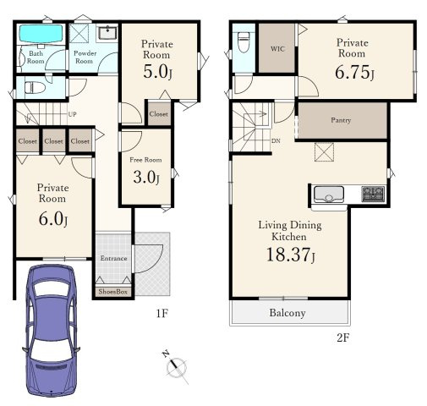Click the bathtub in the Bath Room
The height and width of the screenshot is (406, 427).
pyautogui.click(x=41, y=34)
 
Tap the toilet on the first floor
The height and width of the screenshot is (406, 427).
pyautogui.click(x=35, y=88)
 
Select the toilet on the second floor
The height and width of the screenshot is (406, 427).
pyautogui.click(x=244, y=42)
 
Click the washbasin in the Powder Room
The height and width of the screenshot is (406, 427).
pyautogui.click(x=107, y=33)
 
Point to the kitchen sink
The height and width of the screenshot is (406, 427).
pyautogui.click(x=329, y=195)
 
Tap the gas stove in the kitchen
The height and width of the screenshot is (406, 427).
pyautogui.click(x=374, y=194)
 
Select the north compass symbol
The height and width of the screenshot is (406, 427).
pyautogui.click(x=175, y=366)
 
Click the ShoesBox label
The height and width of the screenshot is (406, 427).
pyautogui.click(x=113, y=292)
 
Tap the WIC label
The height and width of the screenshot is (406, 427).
pyautogui.click(x=277, y=49)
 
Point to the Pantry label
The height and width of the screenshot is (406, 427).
pyautogui.click(x=341, y=120)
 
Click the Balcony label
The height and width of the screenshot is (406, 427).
pyautogui.click(x=287, y=313)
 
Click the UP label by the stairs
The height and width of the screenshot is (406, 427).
pyautogui.click(x=72, y=114)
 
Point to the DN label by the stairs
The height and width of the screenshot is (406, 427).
pyautogui.click(x=276, y=140)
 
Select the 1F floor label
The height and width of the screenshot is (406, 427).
pyautogui.click(x=162, y=313)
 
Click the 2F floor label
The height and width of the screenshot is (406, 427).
pyautogui.click(x=343, y=337)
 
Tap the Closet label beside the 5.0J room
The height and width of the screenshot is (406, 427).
pyautogui.click(x=159, y=114)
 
